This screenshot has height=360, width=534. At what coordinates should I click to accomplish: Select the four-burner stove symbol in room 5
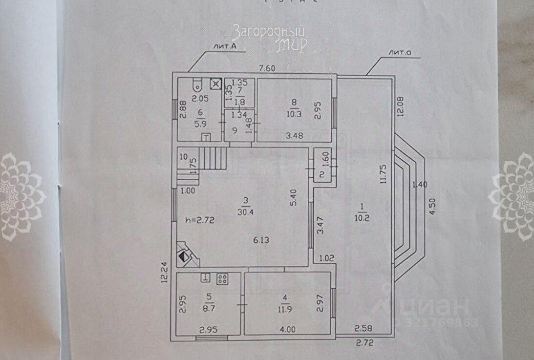point(222,279)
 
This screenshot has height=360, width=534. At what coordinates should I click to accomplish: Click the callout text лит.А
point(225,46)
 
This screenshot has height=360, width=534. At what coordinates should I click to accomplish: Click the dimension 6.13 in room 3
point(261,240)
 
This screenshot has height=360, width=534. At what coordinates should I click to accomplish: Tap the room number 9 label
point(235,130)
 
